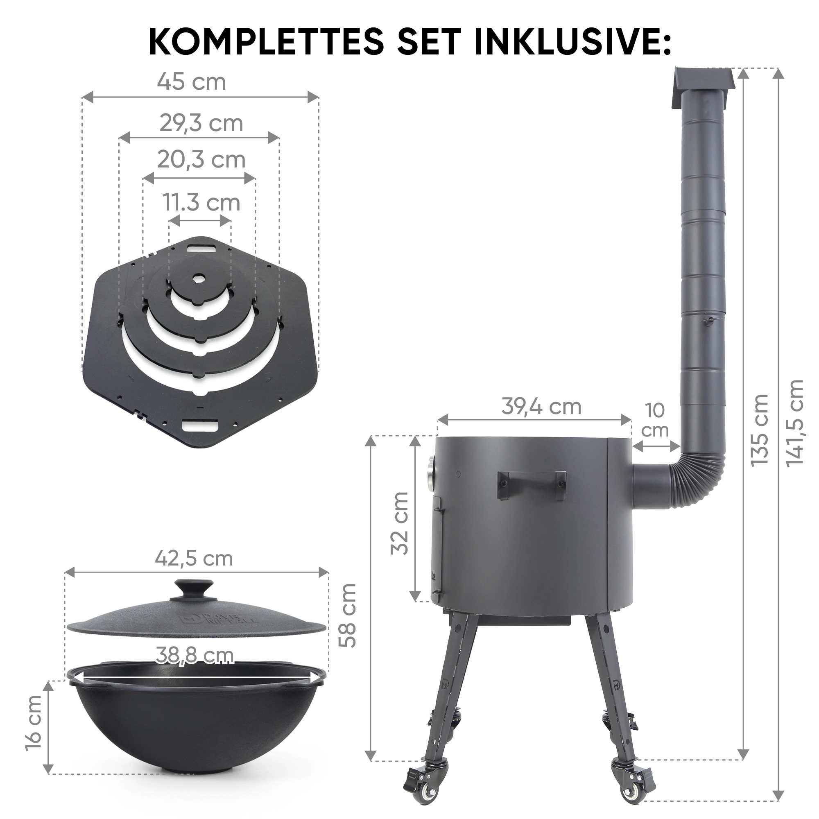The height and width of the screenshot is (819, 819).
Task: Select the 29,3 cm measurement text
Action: [x=201, y=123]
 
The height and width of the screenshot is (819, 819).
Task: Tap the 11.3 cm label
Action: [x=201, y=202]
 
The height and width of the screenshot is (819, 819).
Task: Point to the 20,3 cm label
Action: [x=201, y=160]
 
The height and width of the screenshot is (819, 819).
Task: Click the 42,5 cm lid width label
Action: [x=194, y=558]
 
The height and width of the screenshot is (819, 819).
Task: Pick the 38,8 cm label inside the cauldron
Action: [x=195, y=655]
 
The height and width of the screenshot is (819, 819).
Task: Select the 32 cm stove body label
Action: [x=399, y=523]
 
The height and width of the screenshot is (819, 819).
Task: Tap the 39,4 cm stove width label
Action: [x=541, y=407]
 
